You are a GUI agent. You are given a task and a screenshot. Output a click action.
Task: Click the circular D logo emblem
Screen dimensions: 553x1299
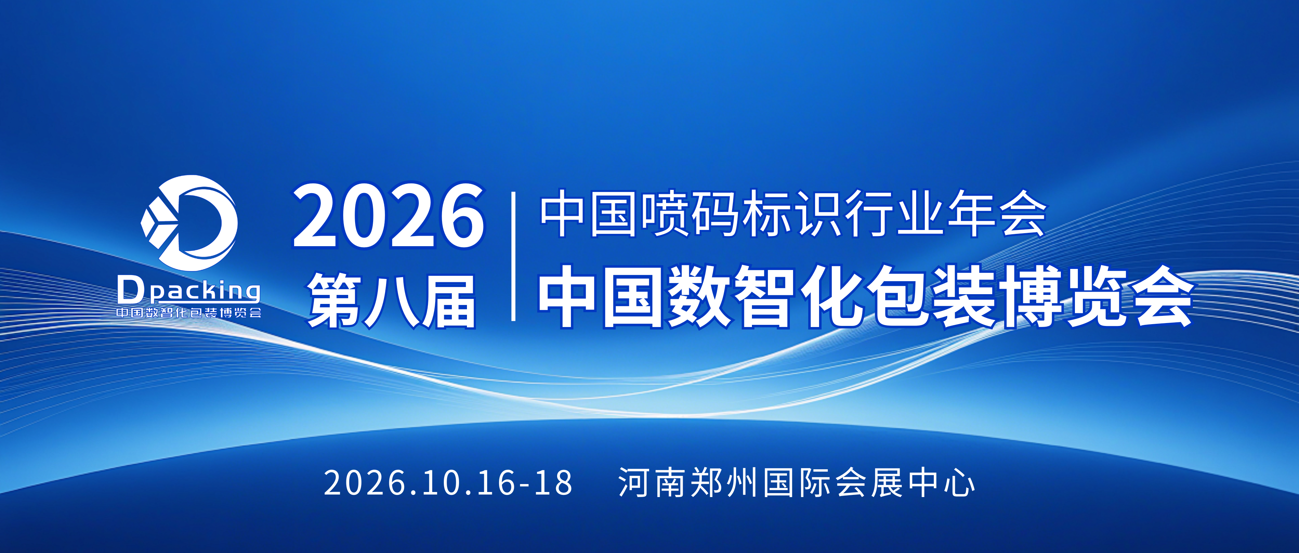tap(189, 223)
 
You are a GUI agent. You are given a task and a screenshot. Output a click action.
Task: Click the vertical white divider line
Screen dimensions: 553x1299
tap(513, 256)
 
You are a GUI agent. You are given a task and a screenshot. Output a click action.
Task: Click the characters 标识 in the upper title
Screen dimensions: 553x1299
tap(793, 213)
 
